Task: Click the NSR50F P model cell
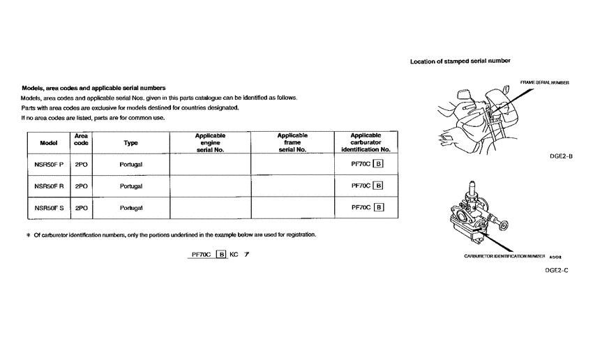48,165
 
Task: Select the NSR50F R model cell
48,186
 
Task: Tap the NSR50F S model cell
48,207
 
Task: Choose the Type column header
130,142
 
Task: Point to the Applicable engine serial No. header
210,142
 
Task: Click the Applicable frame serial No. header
292,142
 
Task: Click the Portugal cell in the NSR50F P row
130,165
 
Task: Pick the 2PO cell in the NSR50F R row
81,186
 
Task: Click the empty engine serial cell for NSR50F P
210,165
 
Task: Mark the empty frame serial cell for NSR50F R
292,186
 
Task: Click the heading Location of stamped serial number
460,61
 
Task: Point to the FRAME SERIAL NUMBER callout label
545,82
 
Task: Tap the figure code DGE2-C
557,270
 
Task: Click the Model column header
48,142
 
